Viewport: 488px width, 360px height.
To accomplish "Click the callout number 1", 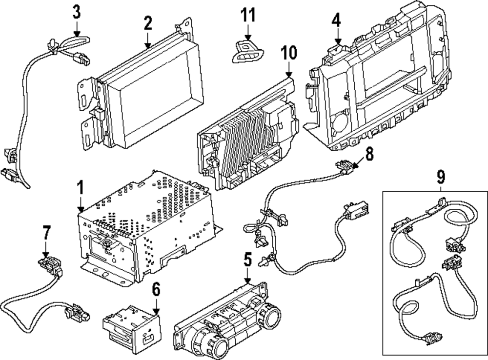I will pos(81,187).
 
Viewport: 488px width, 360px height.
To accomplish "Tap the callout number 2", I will pos(147,22).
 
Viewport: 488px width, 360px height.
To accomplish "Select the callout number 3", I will pos(77,11).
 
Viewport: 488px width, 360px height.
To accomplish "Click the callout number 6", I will pos(156,289).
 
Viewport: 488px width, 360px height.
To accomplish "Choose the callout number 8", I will pos(369,155).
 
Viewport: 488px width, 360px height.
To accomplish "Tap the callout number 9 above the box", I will pos(441,176).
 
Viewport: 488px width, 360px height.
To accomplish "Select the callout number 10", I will pos(289,52).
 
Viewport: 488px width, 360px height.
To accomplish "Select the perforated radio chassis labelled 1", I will pos(146,224).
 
